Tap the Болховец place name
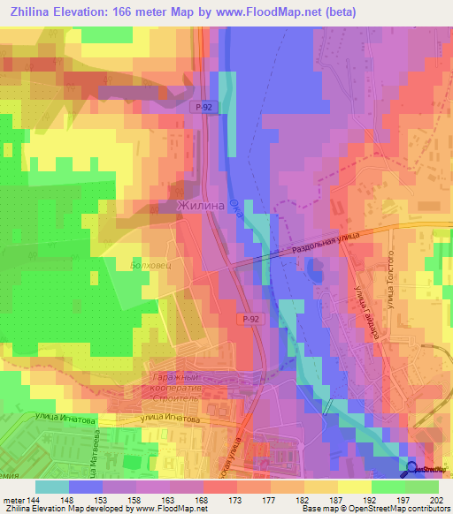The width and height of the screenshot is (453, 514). click(x=150, y=264)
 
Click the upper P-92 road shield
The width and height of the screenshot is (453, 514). click(x=203, y=106)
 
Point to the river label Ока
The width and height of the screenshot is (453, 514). click(x=235, y=213)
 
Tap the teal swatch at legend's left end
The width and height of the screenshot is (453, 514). click(x=52, y=487)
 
